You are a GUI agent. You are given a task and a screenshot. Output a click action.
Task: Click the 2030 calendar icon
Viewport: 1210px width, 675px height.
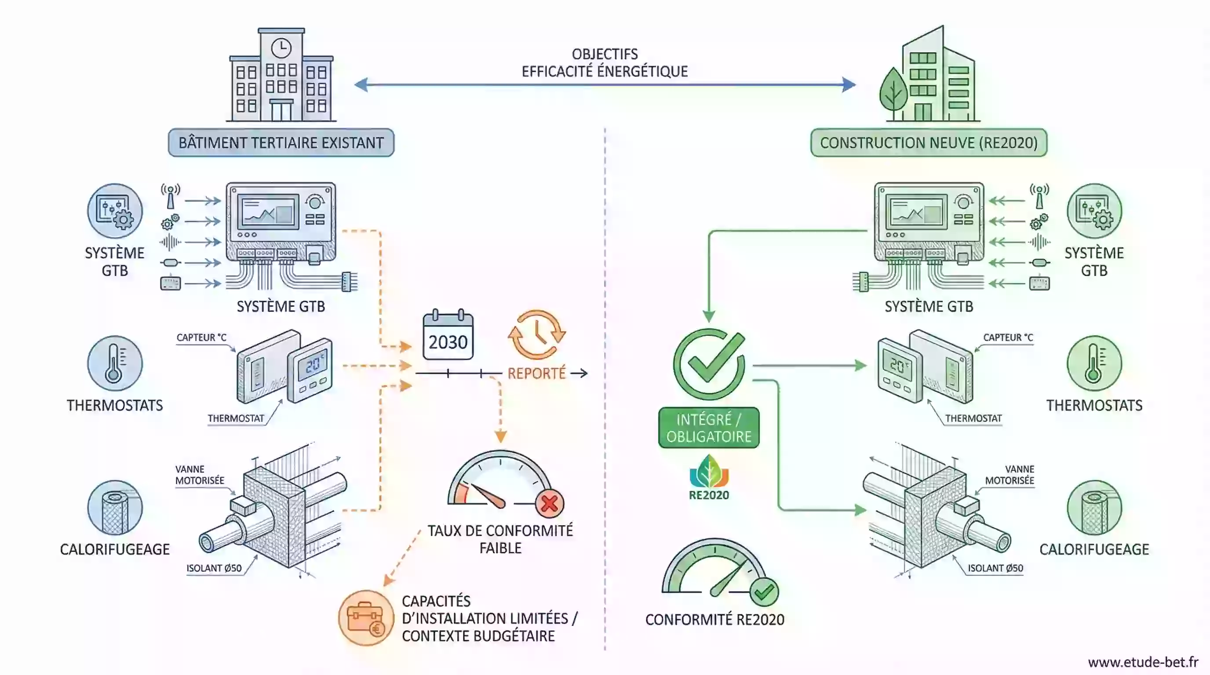tap(448, 335)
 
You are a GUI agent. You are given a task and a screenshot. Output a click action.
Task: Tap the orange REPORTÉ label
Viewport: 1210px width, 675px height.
tap(536, 374)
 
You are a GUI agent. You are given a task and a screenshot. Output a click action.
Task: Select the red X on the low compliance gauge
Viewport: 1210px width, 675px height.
tap(549, 504)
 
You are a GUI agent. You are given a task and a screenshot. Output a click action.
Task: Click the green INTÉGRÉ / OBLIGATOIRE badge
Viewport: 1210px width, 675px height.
tap(709, 428)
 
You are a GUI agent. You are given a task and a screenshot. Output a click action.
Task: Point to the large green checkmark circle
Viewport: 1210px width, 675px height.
tap(709, 364)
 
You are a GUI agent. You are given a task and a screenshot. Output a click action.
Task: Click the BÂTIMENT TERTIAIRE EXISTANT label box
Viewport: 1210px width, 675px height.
tap(281, 143)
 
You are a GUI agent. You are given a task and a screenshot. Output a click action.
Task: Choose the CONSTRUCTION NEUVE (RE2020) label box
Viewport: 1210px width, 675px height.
tap(929, 143)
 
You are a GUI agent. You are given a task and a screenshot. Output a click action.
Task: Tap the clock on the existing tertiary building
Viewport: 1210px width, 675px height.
tap(281, 48)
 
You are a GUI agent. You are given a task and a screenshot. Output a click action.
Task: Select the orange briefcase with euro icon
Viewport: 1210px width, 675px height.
tap(366, 618)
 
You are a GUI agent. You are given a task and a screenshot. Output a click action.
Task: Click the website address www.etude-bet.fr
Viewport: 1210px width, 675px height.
tap(1143, 662)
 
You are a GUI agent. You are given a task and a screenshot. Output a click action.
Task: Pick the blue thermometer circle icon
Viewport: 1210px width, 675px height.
tap(115, 363)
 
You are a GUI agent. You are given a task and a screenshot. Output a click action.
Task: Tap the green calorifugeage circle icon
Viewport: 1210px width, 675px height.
tap(1094, 508)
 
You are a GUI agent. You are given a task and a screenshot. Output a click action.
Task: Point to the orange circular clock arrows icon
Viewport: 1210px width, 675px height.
tap(537, 334)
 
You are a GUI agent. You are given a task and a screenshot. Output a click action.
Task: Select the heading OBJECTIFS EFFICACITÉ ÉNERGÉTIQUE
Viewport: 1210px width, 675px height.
tap(605, 63)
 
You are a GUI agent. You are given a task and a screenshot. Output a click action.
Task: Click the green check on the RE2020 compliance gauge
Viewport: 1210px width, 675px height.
tap(764, 592)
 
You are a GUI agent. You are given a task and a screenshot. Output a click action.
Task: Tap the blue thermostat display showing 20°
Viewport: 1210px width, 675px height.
tap(313, 364)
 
